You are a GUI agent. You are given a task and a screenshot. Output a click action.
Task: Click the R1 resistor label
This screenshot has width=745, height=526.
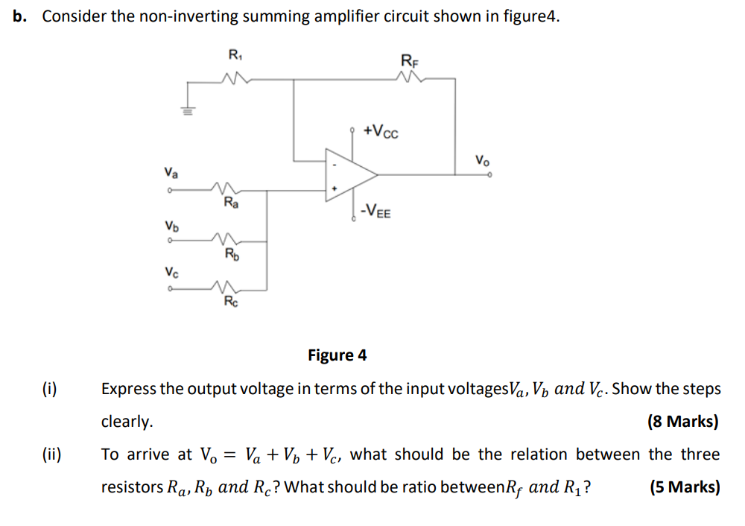coord(235,54)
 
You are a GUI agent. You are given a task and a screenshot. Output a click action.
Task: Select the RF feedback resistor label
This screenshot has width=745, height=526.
coord(410,60)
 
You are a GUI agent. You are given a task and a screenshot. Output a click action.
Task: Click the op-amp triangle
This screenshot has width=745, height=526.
coord(348,174)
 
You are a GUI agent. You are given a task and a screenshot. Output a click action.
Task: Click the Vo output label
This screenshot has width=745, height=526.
coord(483,159)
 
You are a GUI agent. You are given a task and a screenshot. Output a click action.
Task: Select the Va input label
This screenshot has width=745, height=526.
coord(171,174)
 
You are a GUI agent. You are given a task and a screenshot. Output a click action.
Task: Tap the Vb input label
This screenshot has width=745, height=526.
coord(171,225)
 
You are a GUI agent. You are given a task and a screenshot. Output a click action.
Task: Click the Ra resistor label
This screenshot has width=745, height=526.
coord(231,203)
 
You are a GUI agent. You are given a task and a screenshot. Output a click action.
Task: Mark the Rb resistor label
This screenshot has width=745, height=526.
coord(232,254)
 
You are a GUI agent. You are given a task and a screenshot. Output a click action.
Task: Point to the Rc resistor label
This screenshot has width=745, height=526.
coord(231,302)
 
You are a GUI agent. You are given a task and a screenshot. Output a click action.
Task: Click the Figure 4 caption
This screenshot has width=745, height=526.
coord(337,355)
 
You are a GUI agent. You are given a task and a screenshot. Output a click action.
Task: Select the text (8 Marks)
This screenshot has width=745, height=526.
coord(683,422)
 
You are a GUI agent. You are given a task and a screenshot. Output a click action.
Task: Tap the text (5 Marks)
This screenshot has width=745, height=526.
coord(684,487)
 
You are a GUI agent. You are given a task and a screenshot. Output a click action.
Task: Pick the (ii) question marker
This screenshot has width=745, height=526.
coord(51,454)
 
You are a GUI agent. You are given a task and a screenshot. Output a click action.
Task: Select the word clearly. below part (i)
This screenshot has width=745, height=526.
coord(127,422)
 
